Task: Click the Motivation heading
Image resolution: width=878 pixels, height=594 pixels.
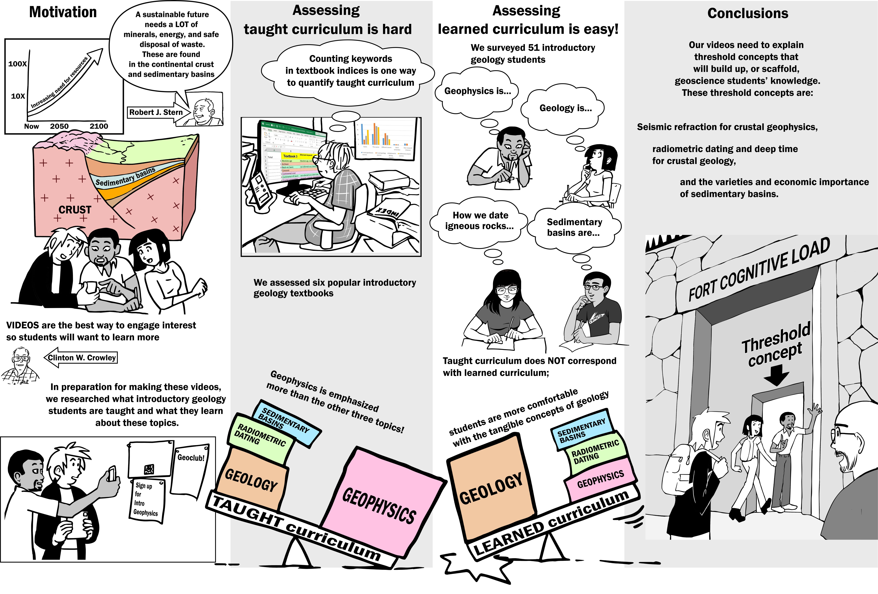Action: pos(63,12)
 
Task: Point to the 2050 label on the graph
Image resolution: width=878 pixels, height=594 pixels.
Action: pos(59,126)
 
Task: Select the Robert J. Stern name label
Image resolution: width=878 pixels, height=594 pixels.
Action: pos(156,112)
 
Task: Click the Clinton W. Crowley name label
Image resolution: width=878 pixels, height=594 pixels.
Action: pos(82,358)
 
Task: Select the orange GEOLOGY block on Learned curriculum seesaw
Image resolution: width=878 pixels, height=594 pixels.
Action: pos(491,489)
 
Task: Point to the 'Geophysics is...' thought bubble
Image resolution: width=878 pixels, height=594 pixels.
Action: pos(477,91)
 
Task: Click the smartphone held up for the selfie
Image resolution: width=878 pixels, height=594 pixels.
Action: pos(112,473)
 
